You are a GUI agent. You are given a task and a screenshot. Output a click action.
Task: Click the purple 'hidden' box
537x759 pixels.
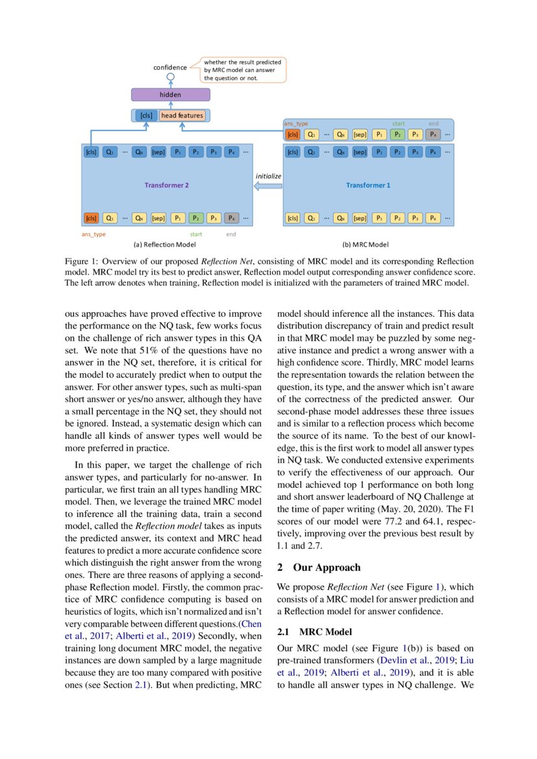coord(170,95)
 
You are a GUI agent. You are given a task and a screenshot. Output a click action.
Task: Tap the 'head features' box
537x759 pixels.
coord(182,116)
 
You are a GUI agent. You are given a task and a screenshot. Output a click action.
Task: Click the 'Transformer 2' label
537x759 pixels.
coord(166,185)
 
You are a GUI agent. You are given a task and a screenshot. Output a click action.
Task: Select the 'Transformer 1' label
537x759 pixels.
coord(368,185)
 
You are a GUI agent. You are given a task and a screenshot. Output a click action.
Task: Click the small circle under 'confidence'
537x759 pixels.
coord(170,77)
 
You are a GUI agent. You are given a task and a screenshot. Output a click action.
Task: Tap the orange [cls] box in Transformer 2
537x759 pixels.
coord(91,218)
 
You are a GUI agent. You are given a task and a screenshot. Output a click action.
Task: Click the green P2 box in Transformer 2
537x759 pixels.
coord(195,218)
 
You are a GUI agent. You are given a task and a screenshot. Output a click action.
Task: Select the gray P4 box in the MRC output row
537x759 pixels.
coord(433,135)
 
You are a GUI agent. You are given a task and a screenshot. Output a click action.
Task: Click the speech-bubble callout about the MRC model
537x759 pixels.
coord(244,70)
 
